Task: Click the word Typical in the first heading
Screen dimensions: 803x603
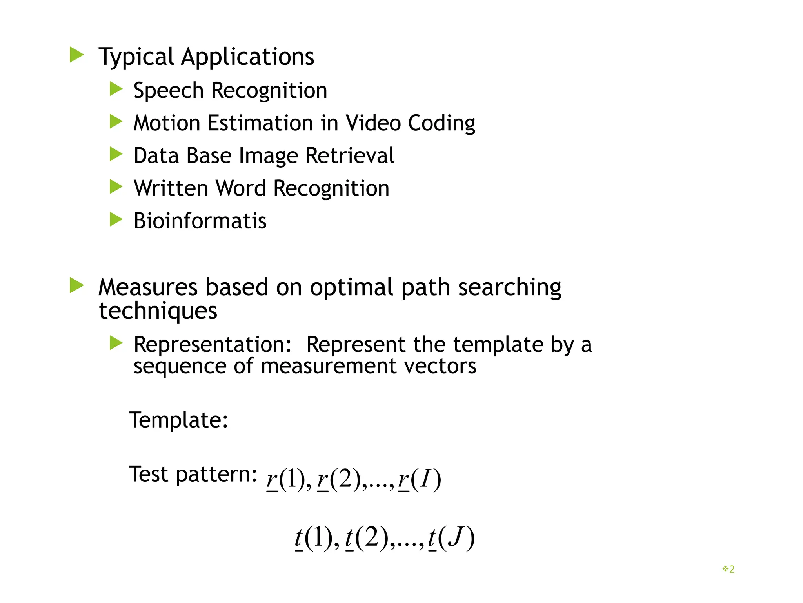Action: pos(136,57)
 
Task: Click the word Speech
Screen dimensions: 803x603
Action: pos(168,91)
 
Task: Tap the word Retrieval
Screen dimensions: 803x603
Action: pos(350,156)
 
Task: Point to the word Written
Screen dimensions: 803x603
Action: pos(171,188)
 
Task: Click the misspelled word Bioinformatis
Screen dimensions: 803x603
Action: pos(200,221)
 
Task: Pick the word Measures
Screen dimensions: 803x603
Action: pos(148,287)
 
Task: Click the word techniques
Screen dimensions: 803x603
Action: pos(158,311)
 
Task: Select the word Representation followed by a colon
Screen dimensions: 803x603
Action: pos(213,345)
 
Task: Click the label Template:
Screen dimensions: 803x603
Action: pos(178,420)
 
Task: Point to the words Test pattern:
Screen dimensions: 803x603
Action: pos(193,474)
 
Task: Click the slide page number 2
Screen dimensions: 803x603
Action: pos(732,569)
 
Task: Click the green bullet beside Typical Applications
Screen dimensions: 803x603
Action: pos(76,55)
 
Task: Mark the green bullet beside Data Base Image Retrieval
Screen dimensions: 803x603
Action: pos(116,154)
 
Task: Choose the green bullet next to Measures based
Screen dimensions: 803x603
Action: pos(76,285)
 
